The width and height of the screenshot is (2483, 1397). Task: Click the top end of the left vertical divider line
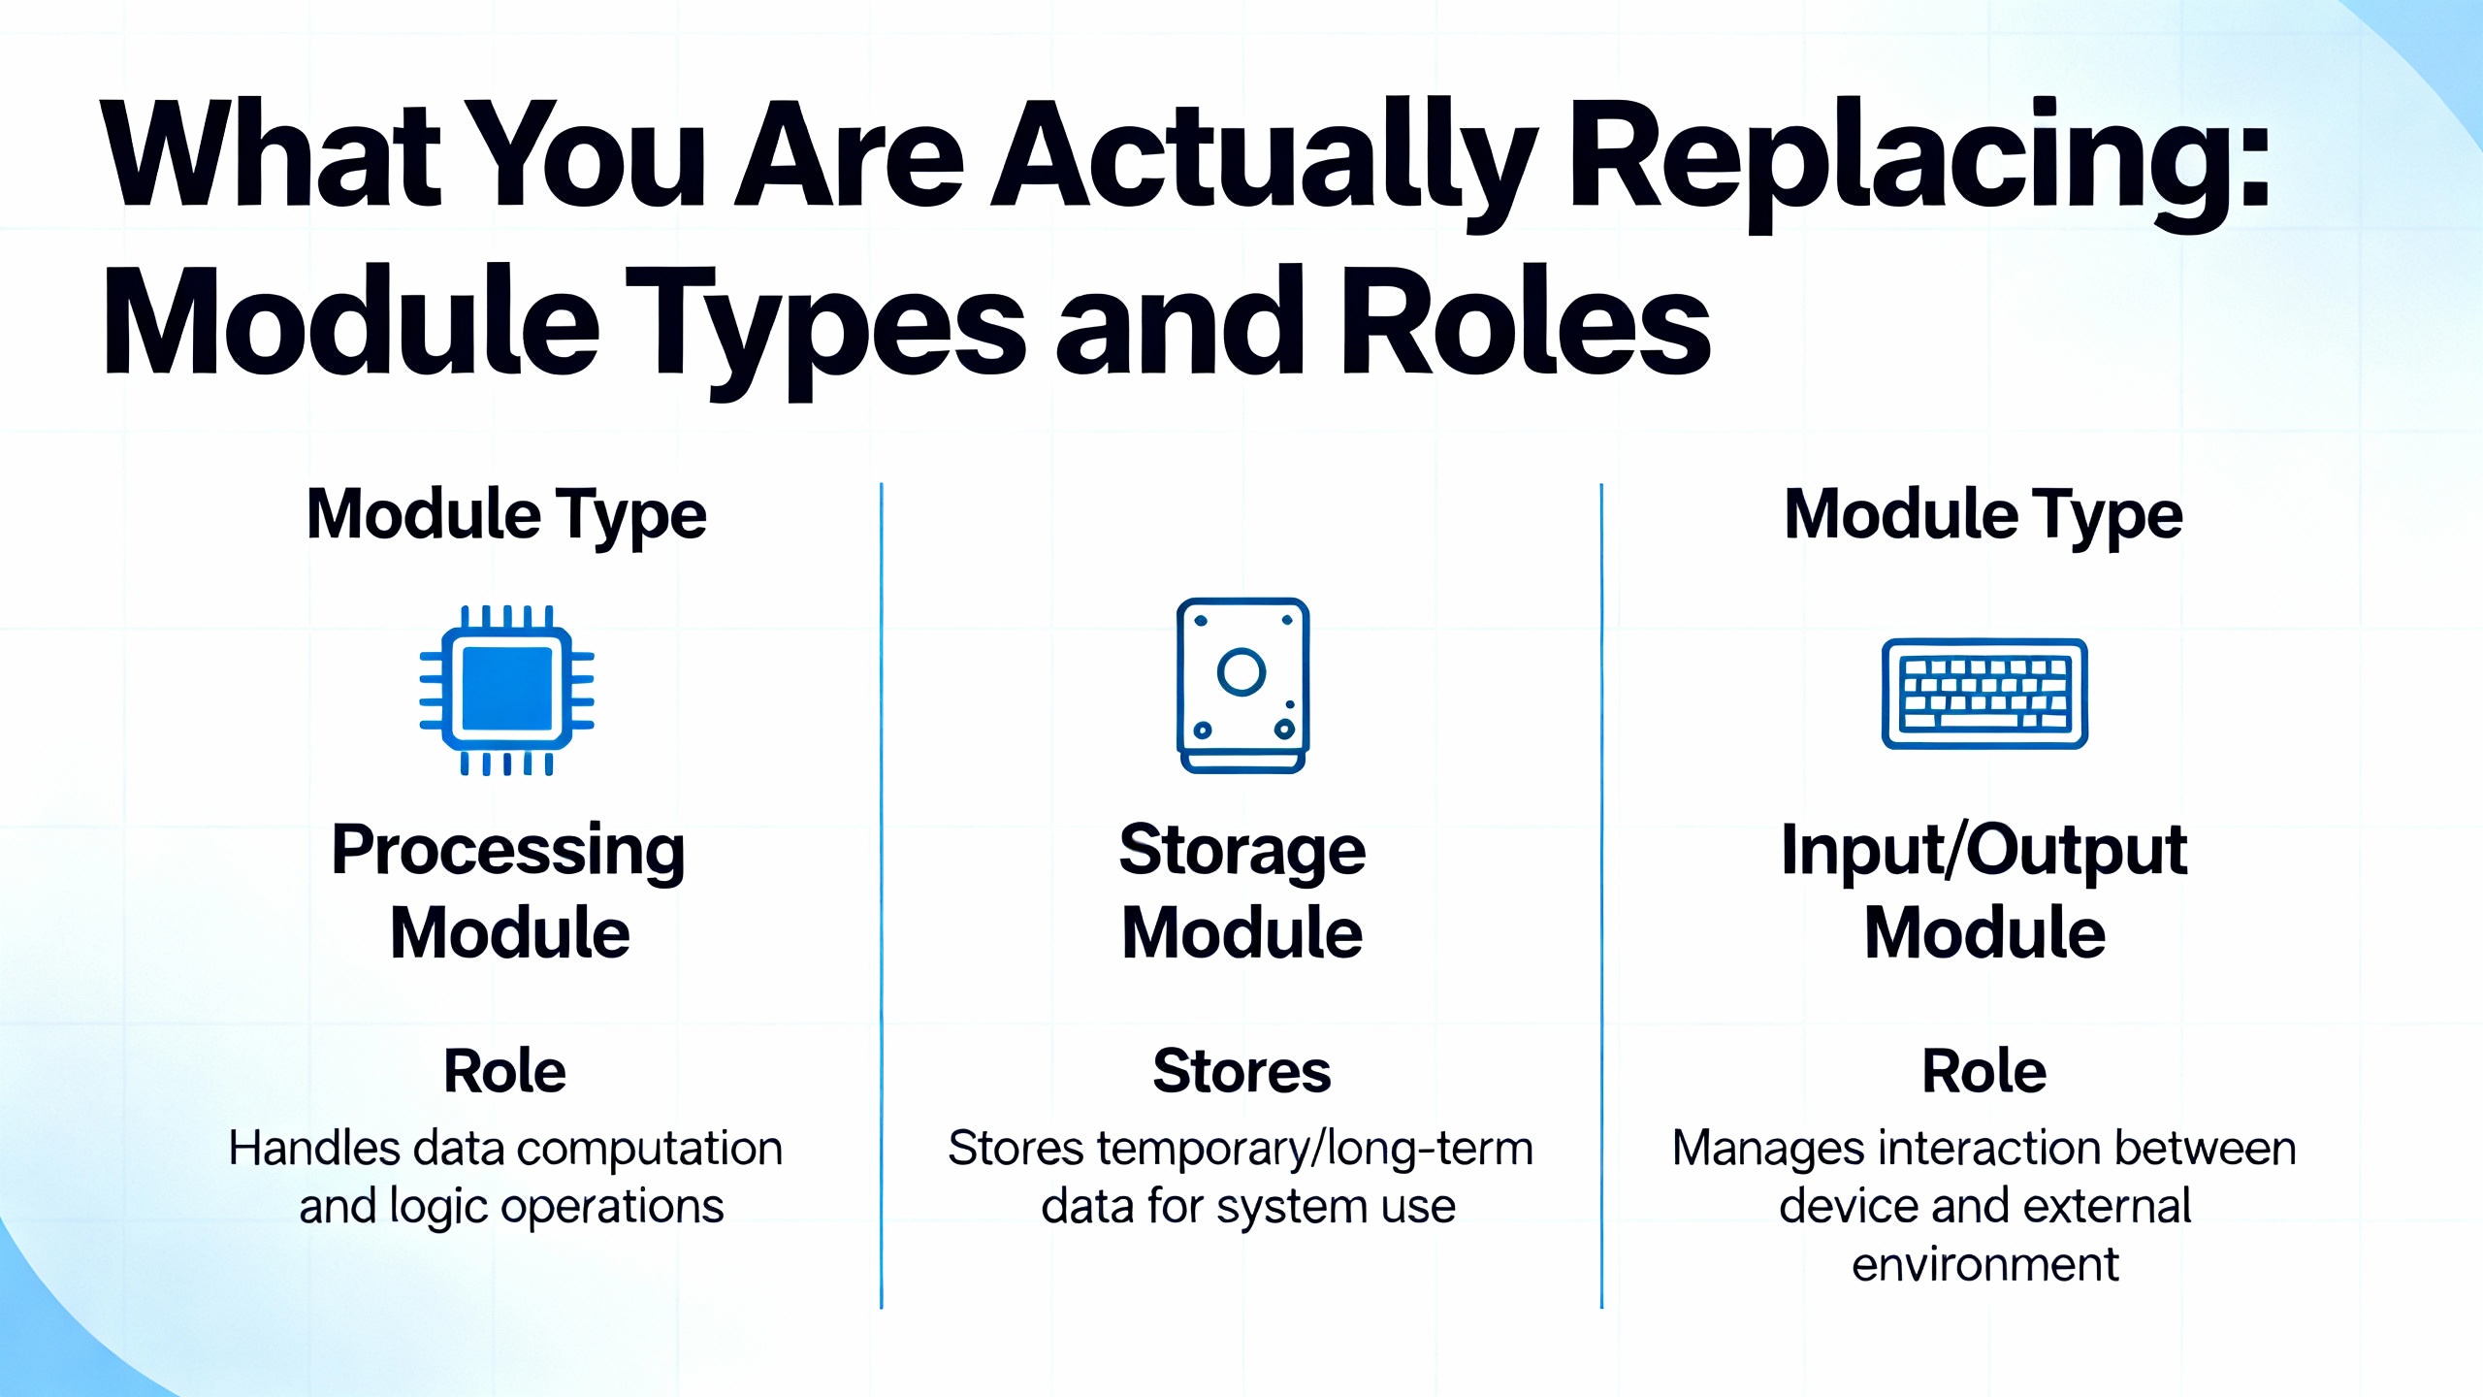(x=881, y=484)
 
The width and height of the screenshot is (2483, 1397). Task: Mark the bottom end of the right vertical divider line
(x=1601, y=1308)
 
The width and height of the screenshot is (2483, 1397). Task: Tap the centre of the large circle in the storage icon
(x=1241, y=671)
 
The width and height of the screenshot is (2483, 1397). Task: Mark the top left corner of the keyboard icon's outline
(x=1884, y=640)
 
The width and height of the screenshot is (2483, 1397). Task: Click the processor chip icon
(x=506, y=690)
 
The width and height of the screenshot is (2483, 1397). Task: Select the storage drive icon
(x=1242, y=685)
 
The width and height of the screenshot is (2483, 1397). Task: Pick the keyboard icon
(x=1984, y=694)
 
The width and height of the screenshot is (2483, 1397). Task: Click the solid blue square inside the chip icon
(x=507, y=688)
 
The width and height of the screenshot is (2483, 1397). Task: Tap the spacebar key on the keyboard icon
(x=1979, y=722)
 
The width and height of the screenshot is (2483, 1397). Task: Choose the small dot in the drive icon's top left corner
(x=1201, y=621)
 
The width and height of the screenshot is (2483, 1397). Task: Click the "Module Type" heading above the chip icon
(x=506, y=516)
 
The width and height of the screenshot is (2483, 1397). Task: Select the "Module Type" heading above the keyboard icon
(x=1983, y=516)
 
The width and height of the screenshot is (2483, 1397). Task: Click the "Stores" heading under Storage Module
(x=1241, y=1071)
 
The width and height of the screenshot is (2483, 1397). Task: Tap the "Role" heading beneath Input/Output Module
(x=1984, y=1071)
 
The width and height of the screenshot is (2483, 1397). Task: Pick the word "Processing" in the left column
(x=508, y=852)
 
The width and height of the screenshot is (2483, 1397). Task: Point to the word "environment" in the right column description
(x=1984, y=1264)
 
